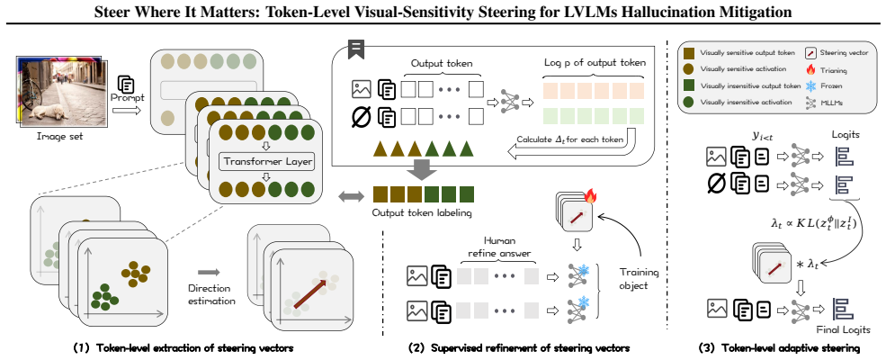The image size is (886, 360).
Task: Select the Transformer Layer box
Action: tap(266, 162)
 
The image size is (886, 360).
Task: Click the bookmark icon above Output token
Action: tap(356, 49)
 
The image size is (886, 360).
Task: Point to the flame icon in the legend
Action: tap(810, 69)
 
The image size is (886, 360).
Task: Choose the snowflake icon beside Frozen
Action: tap(810, 85)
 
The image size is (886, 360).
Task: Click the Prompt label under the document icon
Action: tap(128, 98)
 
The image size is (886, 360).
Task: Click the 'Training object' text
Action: tap(639, 279)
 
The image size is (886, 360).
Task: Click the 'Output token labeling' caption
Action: tap(423, 214)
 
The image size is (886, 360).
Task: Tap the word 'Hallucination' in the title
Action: tap(688, 11)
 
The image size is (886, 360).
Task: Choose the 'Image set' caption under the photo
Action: tap(59, 136)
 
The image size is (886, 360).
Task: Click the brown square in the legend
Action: tap(689, 52)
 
